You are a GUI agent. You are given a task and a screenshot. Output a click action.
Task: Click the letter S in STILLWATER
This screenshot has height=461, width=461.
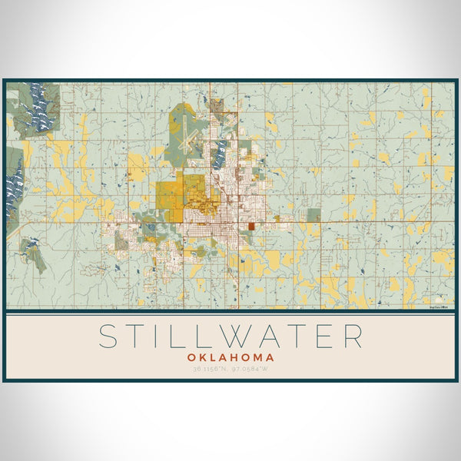click(x=110, y=337)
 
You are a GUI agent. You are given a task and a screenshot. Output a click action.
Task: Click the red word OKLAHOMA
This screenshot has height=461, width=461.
click(x=230, y=357)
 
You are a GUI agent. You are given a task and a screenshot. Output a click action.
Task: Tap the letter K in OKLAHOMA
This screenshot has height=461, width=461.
click(x=201, y=357)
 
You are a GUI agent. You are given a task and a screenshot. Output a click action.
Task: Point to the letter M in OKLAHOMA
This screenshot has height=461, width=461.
click(x=258, y=357)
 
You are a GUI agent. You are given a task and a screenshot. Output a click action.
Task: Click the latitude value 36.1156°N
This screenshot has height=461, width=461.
click(x=212, y=369)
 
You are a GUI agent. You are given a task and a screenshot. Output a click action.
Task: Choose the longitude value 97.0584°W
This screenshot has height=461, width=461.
click(x=249, y=369)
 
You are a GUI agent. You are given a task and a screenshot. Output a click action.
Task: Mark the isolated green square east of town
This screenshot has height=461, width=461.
click(x=313, y=215)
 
